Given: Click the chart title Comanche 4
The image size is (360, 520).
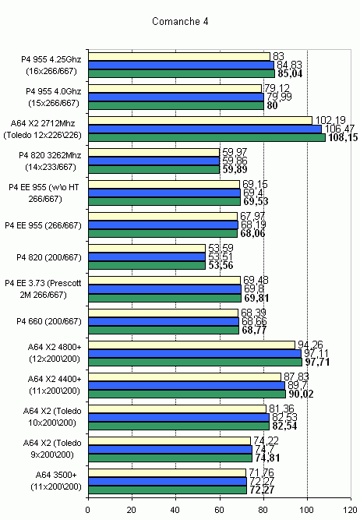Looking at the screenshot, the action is click(x=180, y=22).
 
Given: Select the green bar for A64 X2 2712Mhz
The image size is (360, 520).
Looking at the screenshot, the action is click(x=206, y=137).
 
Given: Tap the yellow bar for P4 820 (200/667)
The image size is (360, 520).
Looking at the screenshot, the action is click(x=146, y=248).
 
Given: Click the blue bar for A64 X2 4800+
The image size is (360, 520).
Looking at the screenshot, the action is click(x=195, y=353).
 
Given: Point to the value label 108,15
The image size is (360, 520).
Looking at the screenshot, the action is click(x=343, y=137).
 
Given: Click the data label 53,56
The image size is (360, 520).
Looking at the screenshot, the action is click(x=221, y=265).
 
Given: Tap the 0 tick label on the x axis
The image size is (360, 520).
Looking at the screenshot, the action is click(x=88, y=509).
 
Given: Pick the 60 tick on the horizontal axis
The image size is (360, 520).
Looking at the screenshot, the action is click(x=220, y=509).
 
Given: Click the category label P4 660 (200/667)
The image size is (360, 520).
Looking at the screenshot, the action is click(x=49, y=321).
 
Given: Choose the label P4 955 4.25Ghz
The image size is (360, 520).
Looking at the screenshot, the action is click(x=51, y=59).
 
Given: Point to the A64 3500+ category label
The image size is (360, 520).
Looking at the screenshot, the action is click(x=56, y=475).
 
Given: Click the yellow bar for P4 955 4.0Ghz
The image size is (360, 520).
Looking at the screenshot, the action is click(x=175, y=88).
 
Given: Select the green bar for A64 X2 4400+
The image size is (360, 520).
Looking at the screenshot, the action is click(x=187, y=394).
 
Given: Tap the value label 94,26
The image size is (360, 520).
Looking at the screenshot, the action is click(x=310, y=345).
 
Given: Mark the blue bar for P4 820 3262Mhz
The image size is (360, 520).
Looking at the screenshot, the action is click(x=154, y=161).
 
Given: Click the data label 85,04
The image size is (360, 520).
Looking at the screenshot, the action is click(x=290, y=73).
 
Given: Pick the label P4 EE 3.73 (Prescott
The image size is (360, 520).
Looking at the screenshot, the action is click(x=43, y=283).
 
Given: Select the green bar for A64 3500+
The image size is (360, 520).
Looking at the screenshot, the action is click(x=168, y=490).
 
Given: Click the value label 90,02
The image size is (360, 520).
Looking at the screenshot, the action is click(x=301, y=394).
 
